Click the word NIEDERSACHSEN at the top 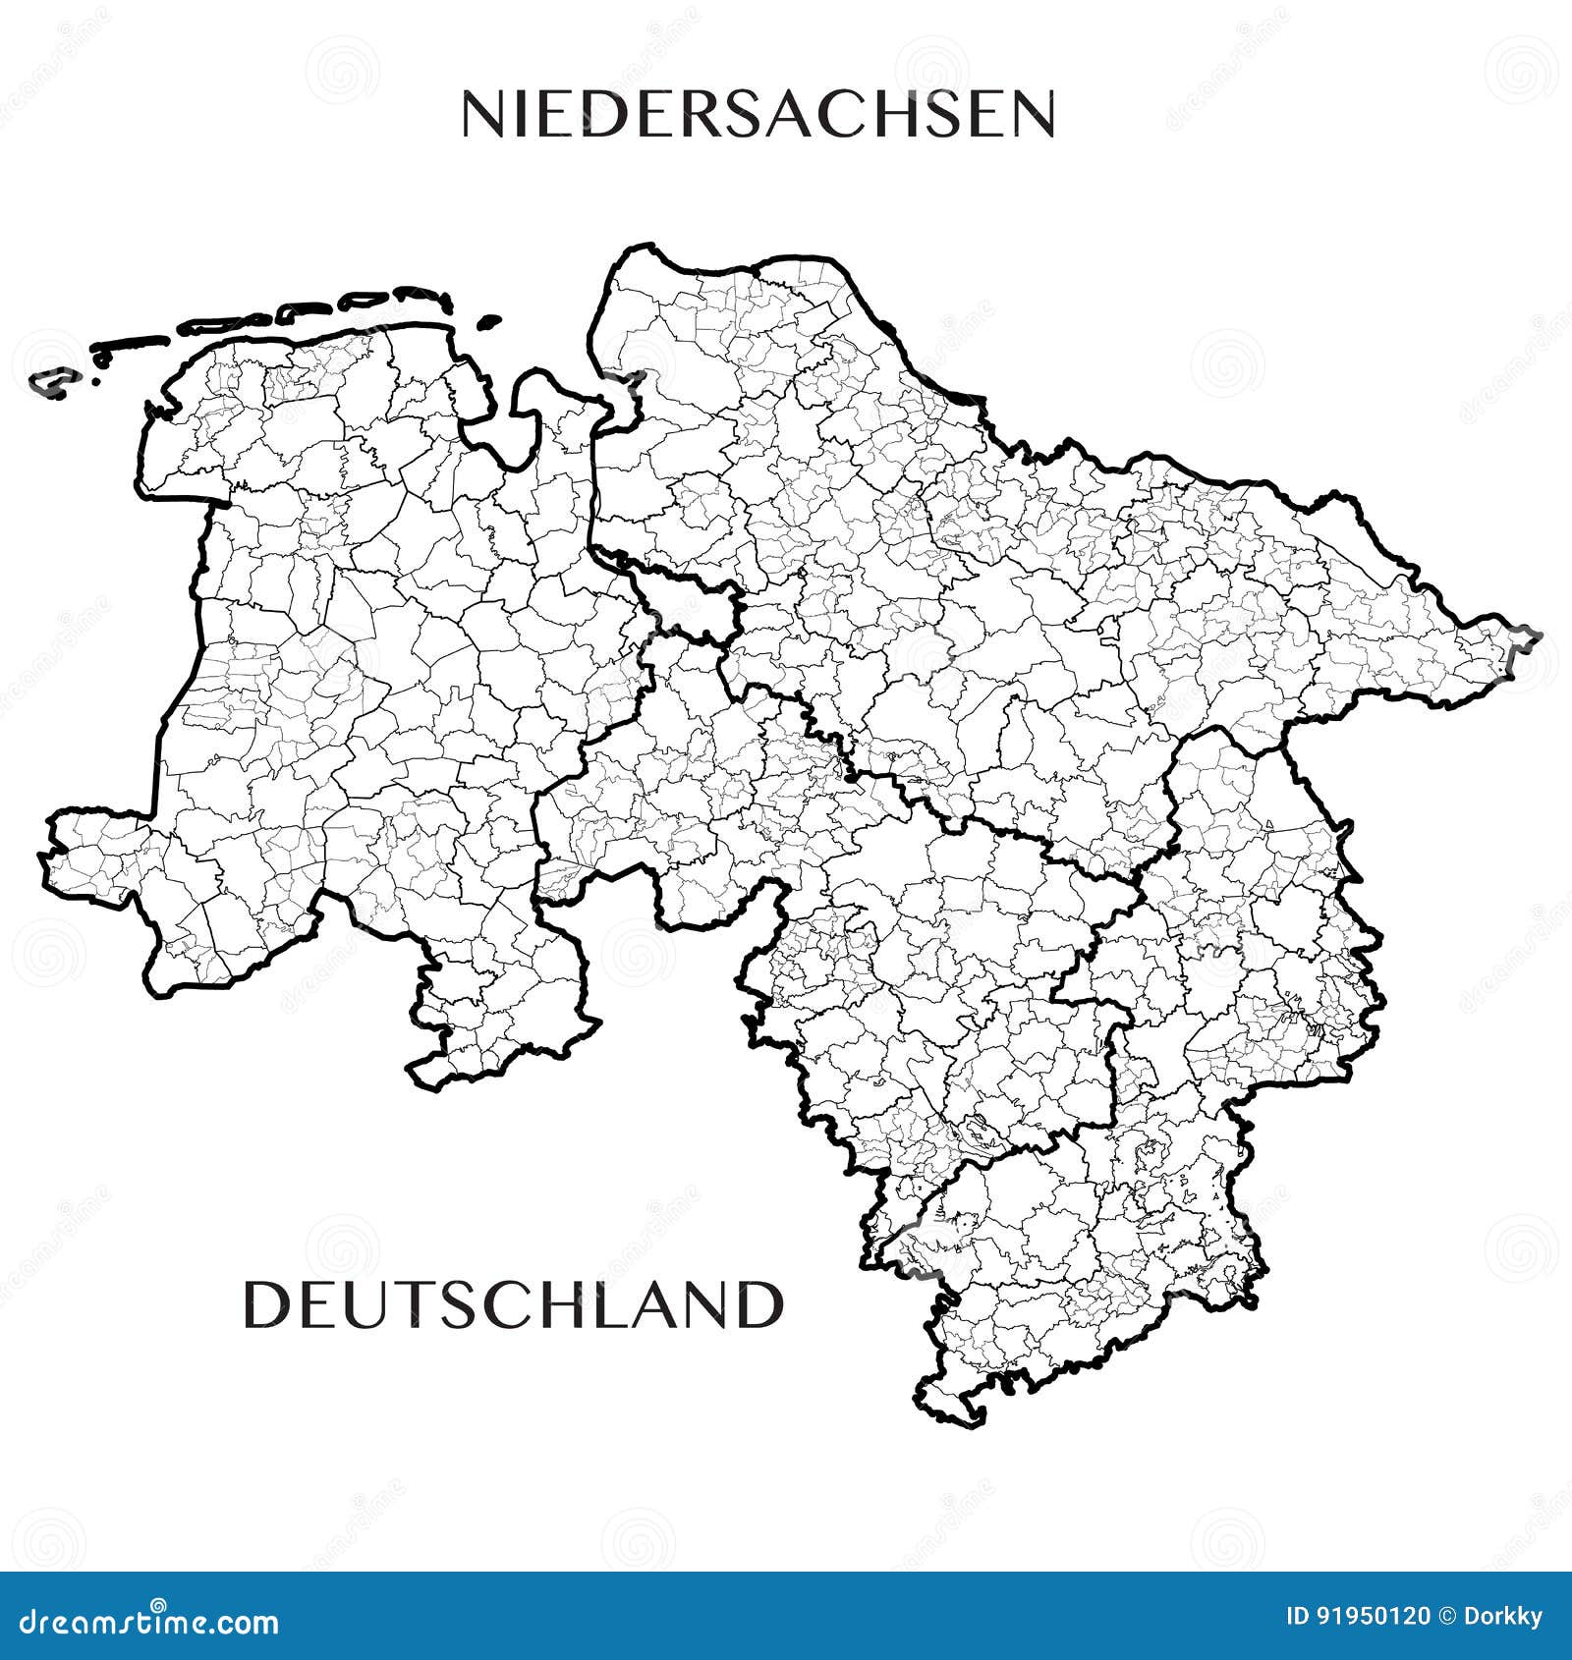pyautogui.click(x=758, y=114)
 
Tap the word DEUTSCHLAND pyautogui.click(x=514, y=1304)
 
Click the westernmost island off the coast pyautogui.click(x=49, y=383)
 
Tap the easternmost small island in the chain pyautogui.click(x=488, y=321)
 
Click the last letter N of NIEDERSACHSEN pyautogui.click(x=1028, y=114)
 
